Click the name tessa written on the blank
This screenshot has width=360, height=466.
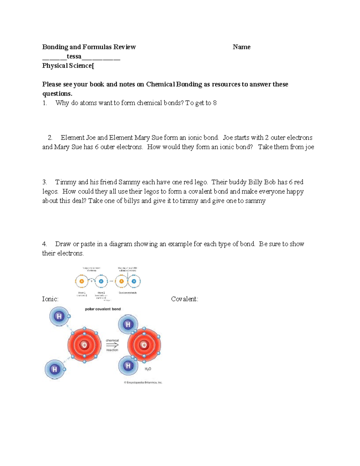click(74, 56)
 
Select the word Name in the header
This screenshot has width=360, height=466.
click(241, 47)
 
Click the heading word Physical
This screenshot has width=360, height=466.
click(55, 66)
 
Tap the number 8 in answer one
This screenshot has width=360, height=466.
click(214, 103)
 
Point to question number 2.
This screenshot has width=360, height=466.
click(50, 138)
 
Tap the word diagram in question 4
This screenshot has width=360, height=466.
click(120, 244)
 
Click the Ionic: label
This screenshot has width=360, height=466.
click(50, 299)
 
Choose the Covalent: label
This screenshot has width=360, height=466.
click(184, 299)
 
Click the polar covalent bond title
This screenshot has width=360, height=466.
click(103, 309)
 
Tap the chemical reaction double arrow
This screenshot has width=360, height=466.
click(112, 345)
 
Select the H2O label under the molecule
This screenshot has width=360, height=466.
click(148, 369)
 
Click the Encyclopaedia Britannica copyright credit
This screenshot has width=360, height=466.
click(143, 383)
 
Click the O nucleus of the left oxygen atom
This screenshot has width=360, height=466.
click(84, 345)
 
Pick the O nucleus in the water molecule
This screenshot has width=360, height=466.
click(144, 345)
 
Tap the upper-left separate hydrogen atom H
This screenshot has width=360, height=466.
click(59, 316)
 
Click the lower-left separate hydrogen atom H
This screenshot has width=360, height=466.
click(55, 369)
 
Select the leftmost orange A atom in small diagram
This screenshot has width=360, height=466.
click(81, 281)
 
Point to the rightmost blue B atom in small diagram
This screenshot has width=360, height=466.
click(134, 281)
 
